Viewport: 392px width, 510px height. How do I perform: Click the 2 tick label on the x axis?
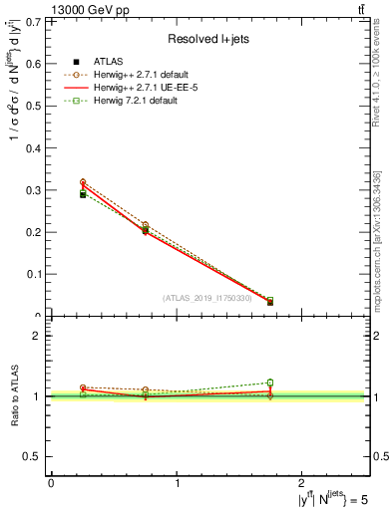304,483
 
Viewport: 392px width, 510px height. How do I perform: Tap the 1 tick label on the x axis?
178,483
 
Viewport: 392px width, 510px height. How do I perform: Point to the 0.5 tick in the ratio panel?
35,456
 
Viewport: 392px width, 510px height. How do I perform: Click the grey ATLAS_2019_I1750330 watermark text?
207,297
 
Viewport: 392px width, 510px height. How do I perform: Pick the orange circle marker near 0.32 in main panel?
83,182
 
